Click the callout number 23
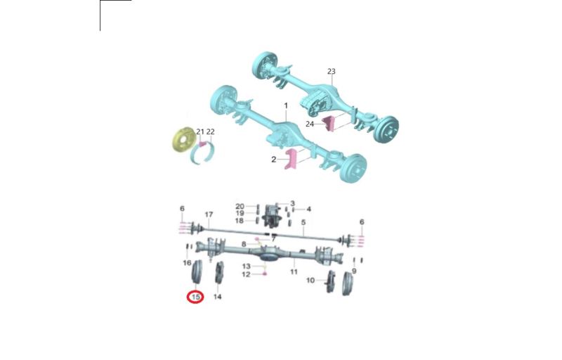click(x=331, y=71)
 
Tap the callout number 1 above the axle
click(x=286, y=105)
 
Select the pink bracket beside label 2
click(x=290, y=159)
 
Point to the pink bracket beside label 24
click(x=329, y=124)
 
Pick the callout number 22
click(x=210, y=131)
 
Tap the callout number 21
click(x=200, y=131)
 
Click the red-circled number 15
click(x=196, y=297)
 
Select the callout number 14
click(x=218, y=297)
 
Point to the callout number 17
click(x=209, y=214)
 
